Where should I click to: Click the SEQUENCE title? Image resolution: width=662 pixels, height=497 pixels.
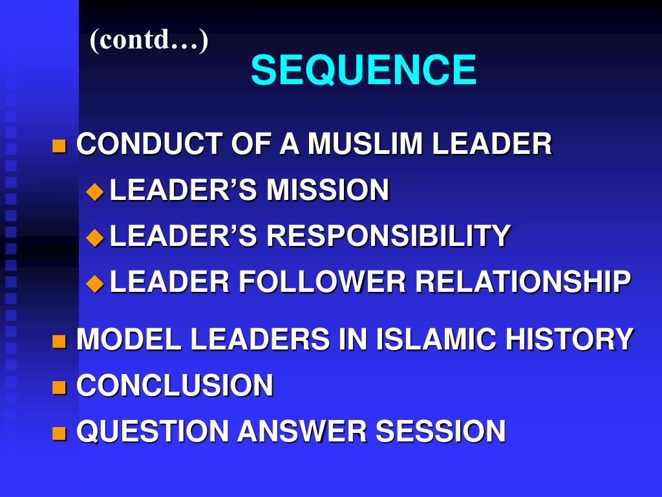363,70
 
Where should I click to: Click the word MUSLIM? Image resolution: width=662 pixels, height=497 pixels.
366,144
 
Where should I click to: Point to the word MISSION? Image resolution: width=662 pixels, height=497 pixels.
328,190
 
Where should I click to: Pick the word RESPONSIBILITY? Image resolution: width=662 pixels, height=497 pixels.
389,236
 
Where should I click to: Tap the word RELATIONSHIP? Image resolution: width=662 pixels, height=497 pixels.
522,282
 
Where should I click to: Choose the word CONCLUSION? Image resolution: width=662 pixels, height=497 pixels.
175,386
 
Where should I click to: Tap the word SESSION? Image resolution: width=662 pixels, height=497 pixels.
440,432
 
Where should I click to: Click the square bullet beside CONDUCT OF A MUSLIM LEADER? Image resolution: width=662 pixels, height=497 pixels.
59,145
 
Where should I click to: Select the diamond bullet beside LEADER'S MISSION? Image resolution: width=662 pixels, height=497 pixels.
95,191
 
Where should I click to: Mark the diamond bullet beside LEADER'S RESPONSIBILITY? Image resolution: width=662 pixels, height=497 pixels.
95,237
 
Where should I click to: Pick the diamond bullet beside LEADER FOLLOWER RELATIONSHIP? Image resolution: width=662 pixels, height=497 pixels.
95,283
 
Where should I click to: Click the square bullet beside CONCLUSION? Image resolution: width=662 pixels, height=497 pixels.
59,387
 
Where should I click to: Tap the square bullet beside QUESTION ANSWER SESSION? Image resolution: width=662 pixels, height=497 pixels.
59,433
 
